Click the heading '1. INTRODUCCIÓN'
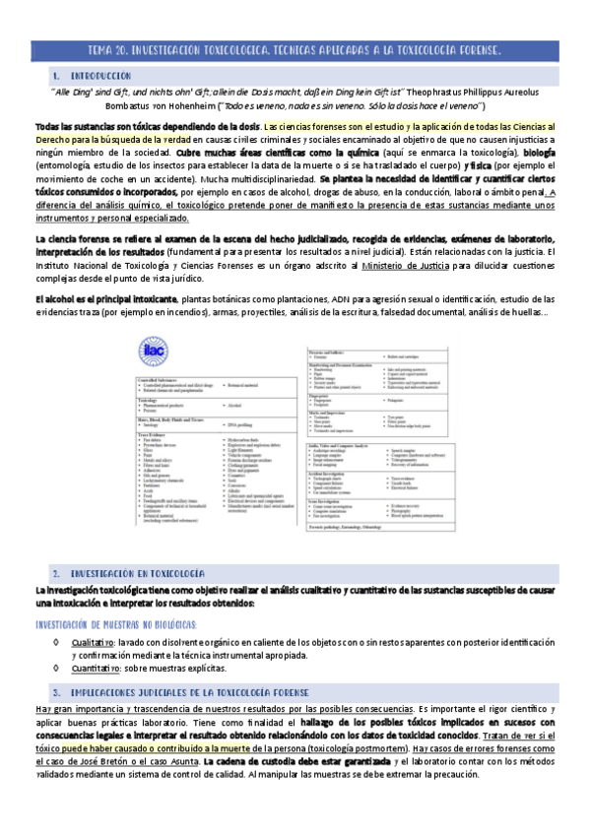(x=93, y=75)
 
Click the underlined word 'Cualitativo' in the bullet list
(x=93, y=641)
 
